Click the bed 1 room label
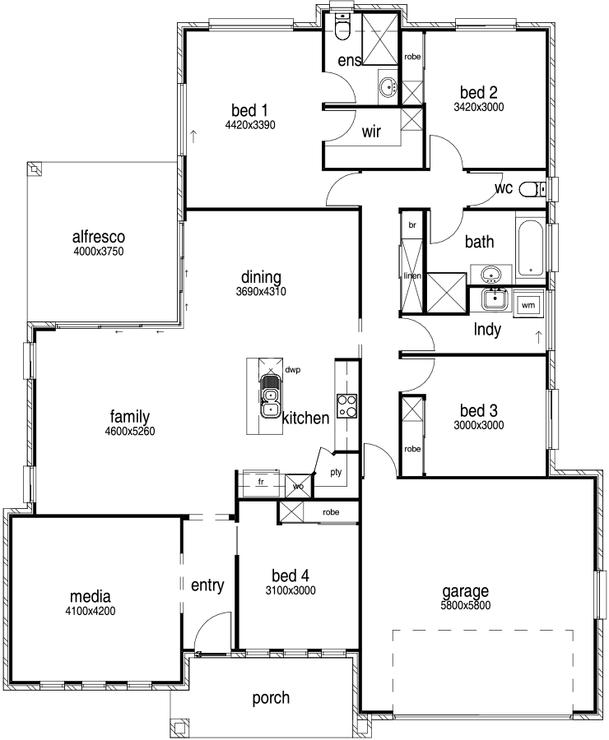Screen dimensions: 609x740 (x=249, y=110)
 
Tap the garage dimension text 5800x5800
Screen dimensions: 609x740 (x=465, y=605)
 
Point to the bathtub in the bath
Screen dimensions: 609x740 (x=531, y=248)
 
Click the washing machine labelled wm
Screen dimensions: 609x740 (x=528, y=305)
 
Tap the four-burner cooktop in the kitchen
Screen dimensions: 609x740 (x=346, y=406)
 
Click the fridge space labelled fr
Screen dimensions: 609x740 (x=261, y=482)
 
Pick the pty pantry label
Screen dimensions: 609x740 (x=336, y=473)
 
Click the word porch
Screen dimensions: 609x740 (x=271, y=697)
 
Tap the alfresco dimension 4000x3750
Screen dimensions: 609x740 (x=99, y=251)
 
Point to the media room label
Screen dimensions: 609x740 (x=91, y=597)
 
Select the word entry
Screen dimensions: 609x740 (x=207, y=585)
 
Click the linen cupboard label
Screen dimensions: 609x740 (x=412, y=275)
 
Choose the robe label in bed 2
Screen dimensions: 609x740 (x=412, y=57)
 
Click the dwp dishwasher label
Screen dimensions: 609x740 (x=293, y=370)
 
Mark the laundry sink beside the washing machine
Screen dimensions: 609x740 (x=495, y=299)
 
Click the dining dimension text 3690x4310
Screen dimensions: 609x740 (x=261, y=292)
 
